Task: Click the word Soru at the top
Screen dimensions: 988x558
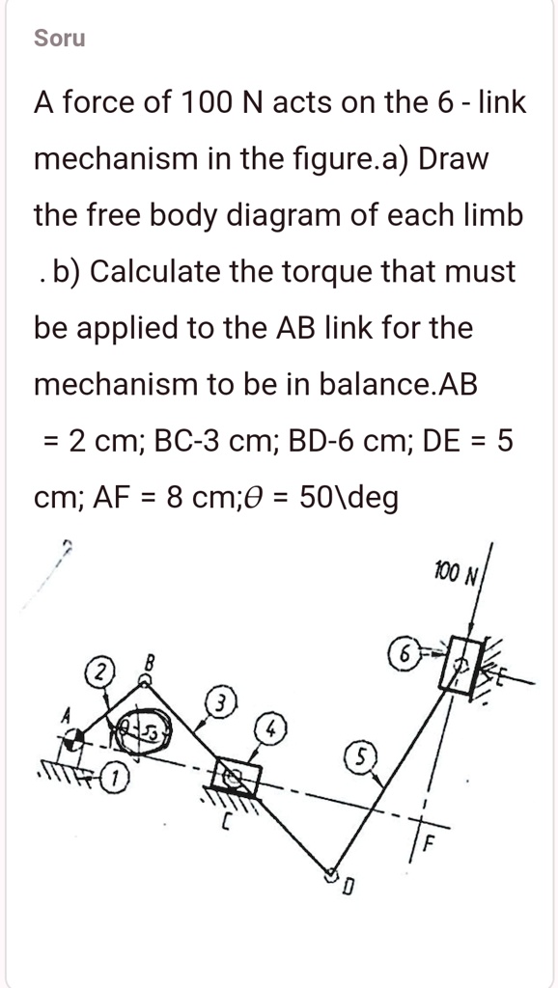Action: point(59,39)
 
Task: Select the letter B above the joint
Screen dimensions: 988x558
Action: point(149,662)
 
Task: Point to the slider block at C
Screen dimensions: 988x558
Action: point(236,774)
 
